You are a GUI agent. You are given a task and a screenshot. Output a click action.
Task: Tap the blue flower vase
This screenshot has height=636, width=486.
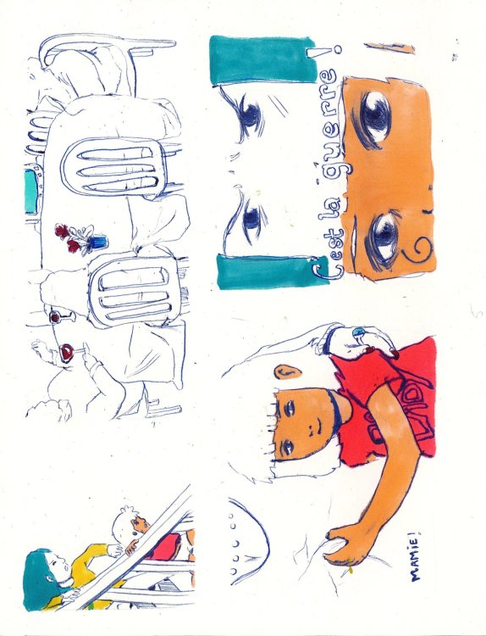(x=99, y=243)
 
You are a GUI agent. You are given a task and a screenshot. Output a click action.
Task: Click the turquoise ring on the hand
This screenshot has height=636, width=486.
(x=359, y=332)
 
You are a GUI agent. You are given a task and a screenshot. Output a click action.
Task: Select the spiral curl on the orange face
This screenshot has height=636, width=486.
(x=417, y=248)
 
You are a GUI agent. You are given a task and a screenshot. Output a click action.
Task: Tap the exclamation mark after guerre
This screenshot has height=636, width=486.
(x=323, y=52)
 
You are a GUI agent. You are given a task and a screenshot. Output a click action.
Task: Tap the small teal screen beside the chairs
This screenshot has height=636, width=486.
(x=30, y=192)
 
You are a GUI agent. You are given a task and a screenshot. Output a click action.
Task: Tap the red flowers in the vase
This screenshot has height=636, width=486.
(x=69, y=237)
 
